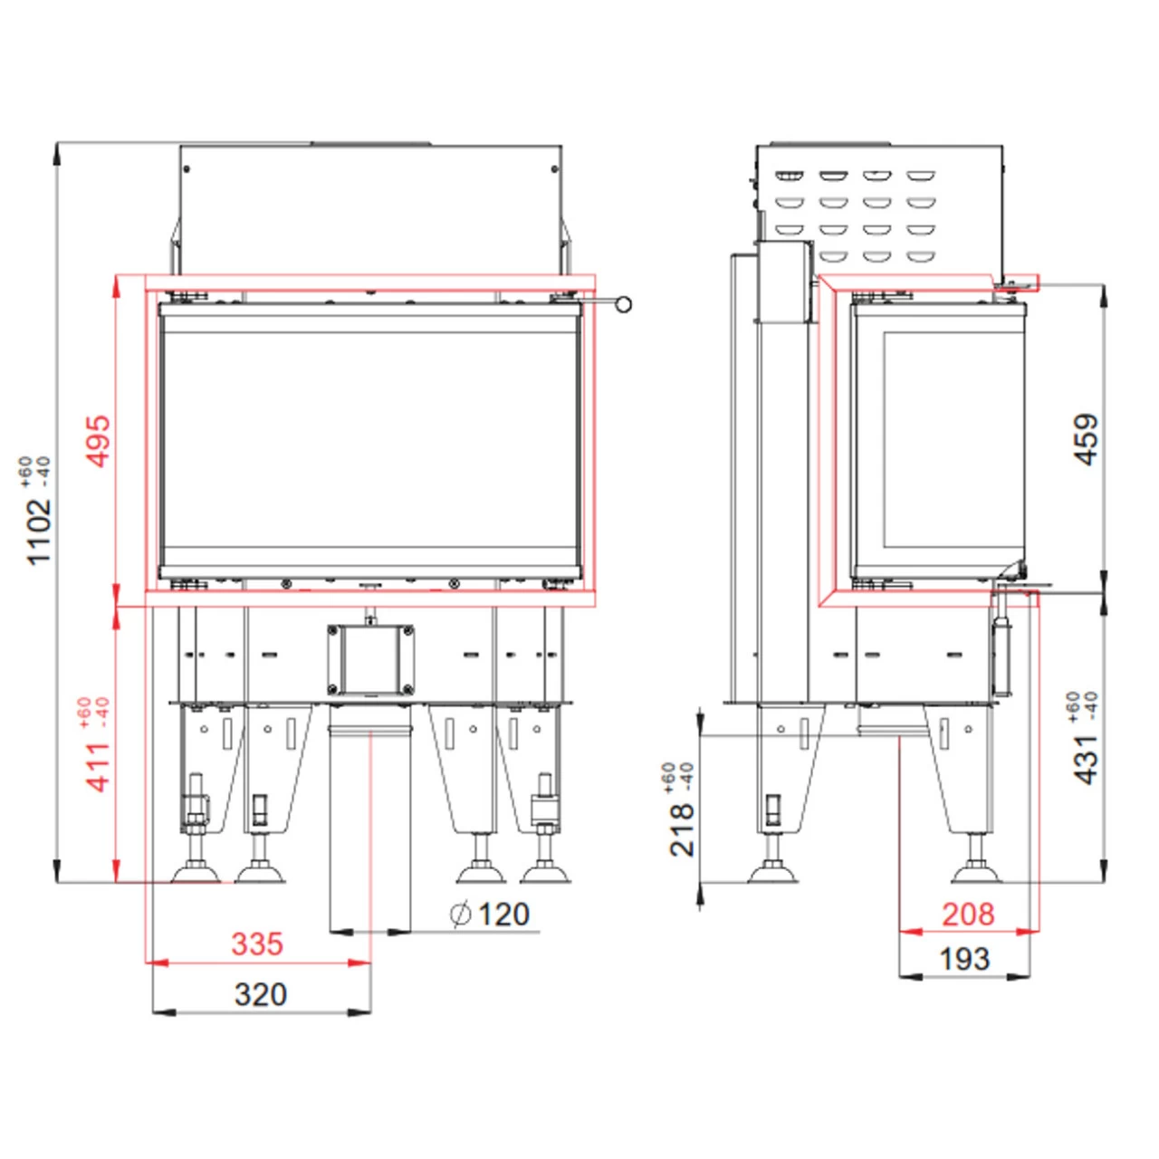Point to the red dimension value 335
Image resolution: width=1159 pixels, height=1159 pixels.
(x=257, y=943)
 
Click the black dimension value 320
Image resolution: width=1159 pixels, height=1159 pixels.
(x=260, y=994)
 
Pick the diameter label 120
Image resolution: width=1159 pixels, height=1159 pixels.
(x=503, y=915)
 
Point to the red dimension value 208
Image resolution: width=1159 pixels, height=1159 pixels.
(x=967, y=914)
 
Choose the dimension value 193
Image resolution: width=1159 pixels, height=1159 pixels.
(x=964, y=959)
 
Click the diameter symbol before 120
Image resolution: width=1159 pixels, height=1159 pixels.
(x=461, y=915)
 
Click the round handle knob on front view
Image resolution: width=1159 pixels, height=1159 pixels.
(x=623, y=304)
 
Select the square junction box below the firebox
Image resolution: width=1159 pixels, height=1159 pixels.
(x=371, y=659)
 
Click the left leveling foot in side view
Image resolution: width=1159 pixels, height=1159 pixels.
(x=772, y=872)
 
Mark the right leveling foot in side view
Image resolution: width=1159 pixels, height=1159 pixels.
(x=976, y=872)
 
